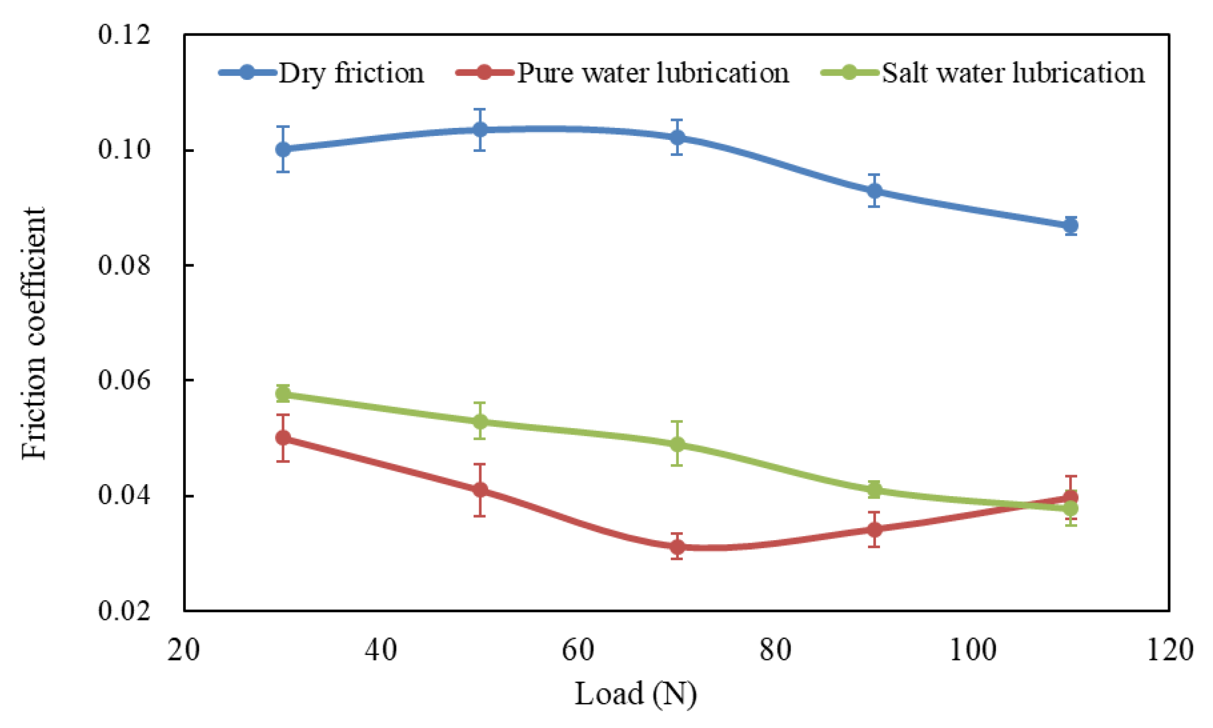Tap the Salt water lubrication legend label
tap(1013, 73)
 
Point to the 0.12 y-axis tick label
tap(124, 35)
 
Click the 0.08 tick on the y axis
tap(124, 265)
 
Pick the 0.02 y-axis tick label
tap(124, 611)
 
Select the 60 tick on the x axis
tap(578, 650)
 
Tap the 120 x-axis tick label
tap(1170, 650)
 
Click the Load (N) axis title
tap(635, 694)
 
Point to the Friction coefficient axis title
tap(34, 333)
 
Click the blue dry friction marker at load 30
tap(283, 149)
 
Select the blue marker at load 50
tap(480, 130)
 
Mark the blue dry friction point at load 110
tap(1070, 226)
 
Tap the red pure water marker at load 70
tap(677, 547)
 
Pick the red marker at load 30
tap(283, 438)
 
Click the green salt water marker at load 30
tap(283, 394)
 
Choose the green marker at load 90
tap(874, 490)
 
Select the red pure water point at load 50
tap(480, 490)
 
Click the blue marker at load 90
tap(874, 191)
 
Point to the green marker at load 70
tap(677, 444)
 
